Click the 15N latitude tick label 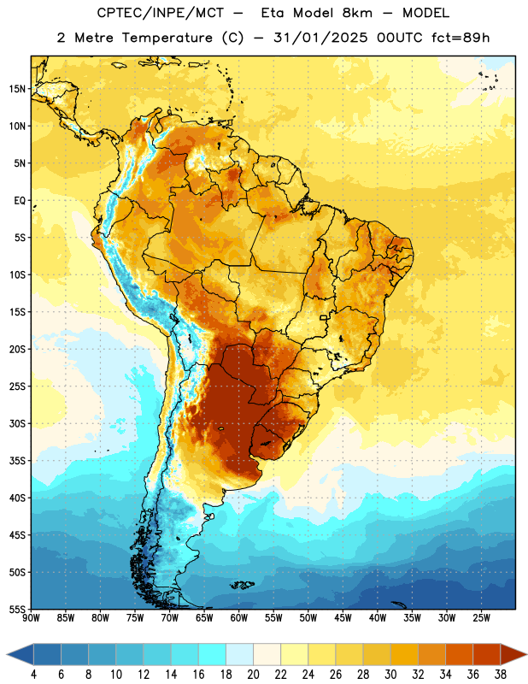(17, 89)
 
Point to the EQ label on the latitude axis (20, 201)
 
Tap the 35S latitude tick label (17, 461)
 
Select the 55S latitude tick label (17, 610)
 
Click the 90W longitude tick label (31, 618)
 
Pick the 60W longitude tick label (239, 618)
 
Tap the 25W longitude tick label (481, 618)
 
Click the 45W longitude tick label (343, 618)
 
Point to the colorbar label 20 (253, 675)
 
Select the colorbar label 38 (501, 675)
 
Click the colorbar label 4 (33, 675)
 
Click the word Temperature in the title (167, 38)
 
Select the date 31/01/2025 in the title (321, 38)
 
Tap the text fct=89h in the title (461, 38)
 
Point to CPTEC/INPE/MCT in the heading (161, 13)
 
